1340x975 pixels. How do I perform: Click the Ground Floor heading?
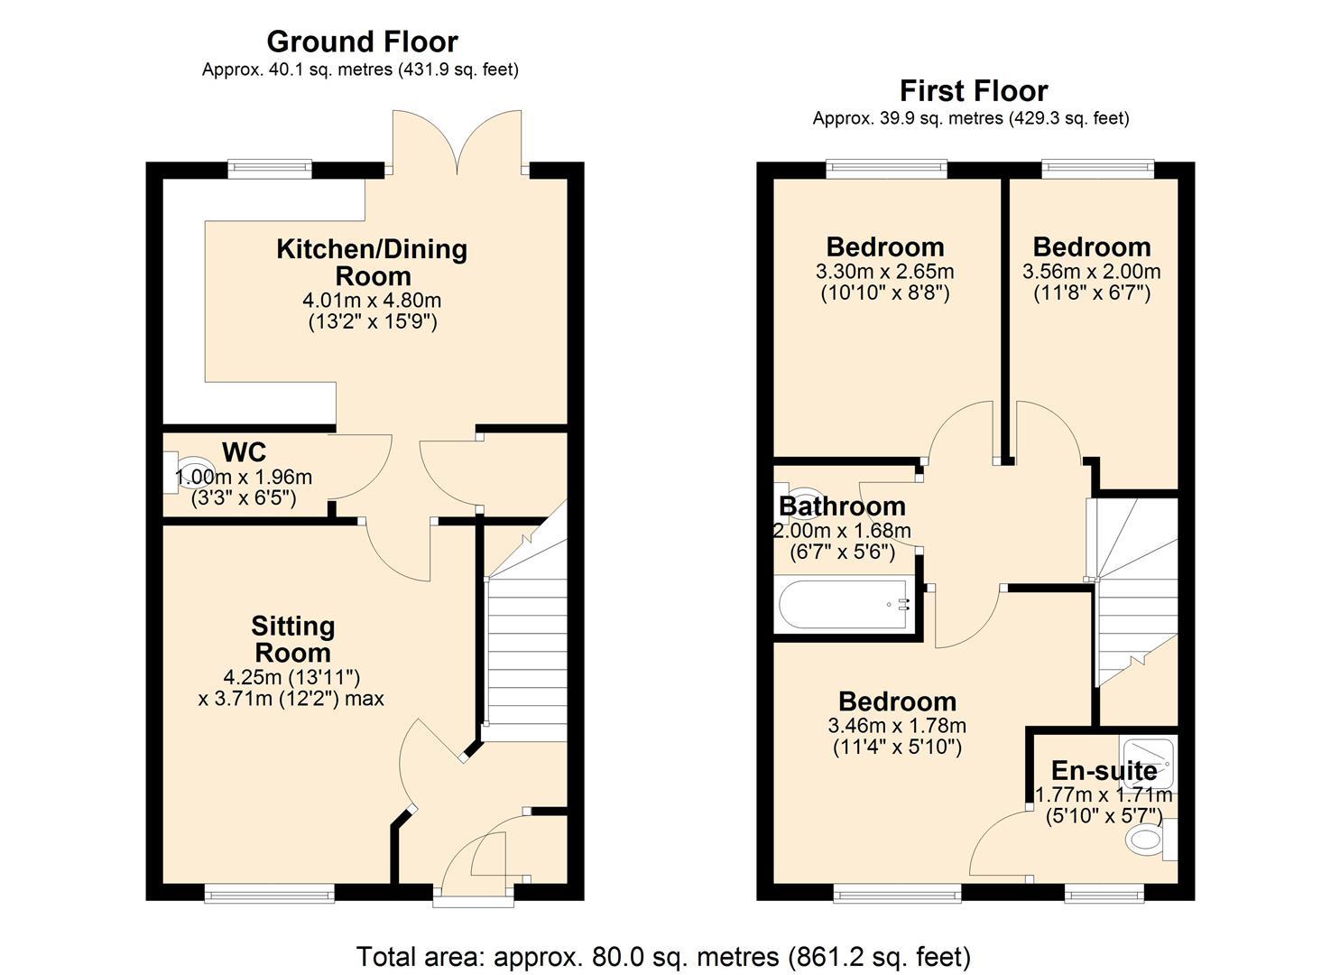click(362, 42)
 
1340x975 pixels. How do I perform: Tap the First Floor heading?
click(973, 90)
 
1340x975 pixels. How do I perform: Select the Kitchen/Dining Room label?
click(371, 262)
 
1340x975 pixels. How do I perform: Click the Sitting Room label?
click(292, 638)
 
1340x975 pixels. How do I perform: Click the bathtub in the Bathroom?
click(845, 605)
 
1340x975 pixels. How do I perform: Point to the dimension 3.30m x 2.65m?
click(884, 272)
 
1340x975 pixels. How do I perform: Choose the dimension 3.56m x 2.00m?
click(1091, 272)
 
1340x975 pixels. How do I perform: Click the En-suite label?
click(1104, 770)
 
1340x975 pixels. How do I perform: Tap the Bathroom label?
click(841, 506)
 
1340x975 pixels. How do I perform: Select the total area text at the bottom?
click(663, 956)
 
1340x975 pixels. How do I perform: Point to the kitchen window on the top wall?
click(269, 169)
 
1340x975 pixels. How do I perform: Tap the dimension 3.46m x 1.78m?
click(896, 726)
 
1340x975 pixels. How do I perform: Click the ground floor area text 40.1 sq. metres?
click(360, 70)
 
